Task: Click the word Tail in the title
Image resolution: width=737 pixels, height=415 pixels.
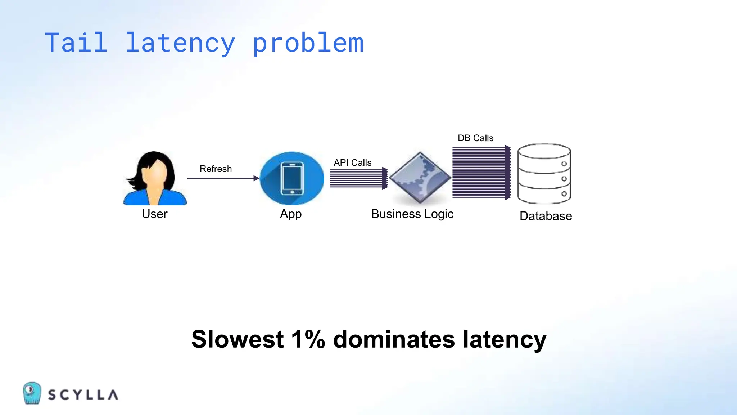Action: [76, 43]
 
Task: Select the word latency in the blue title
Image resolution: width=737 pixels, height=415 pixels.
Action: [180, 43]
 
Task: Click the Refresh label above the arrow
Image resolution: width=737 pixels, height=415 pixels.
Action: [216, 169]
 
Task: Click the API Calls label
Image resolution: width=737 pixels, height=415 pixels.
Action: [352, 162]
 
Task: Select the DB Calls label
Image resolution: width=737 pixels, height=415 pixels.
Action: [475, 138]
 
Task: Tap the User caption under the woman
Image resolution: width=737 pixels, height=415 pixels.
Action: [154, 214]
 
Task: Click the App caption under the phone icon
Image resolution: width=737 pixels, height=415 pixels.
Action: [291, 214]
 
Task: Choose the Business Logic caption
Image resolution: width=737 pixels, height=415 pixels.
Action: [412, 214]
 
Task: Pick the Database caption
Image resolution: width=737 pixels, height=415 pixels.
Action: [546, 216]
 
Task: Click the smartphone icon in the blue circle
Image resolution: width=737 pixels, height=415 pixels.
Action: [292, 179]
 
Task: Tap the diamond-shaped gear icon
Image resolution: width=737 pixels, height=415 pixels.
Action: [420, 178]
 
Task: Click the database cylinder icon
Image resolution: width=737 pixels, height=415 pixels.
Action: [544, 174]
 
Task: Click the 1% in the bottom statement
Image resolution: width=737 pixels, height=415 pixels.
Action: [308, 339]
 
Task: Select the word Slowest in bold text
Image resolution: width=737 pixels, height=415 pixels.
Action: [238, 339]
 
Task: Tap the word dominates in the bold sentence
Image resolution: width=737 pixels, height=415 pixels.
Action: [394, 339]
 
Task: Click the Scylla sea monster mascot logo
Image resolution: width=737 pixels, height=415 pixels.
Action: [32, 393]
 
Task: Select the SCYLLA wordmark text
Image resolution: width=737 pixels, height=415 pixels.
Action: [83, 395]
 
